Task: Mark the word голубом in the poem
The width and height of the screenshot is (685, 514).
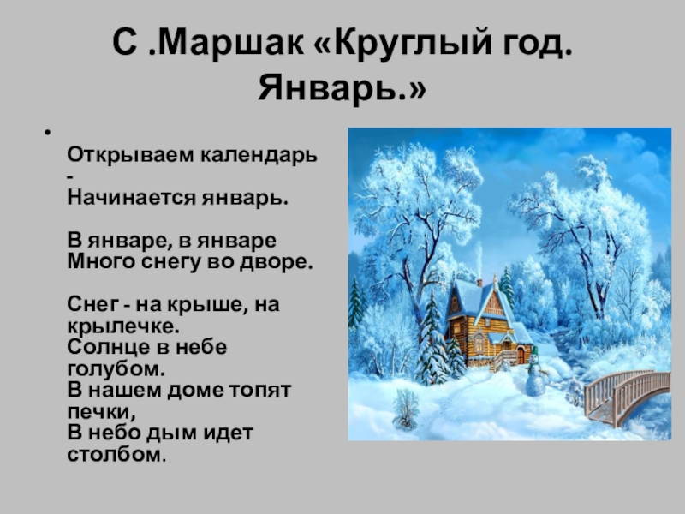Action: (112, 368)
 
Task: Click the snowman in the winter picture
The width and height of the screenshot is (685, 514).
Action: (534, 377)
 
